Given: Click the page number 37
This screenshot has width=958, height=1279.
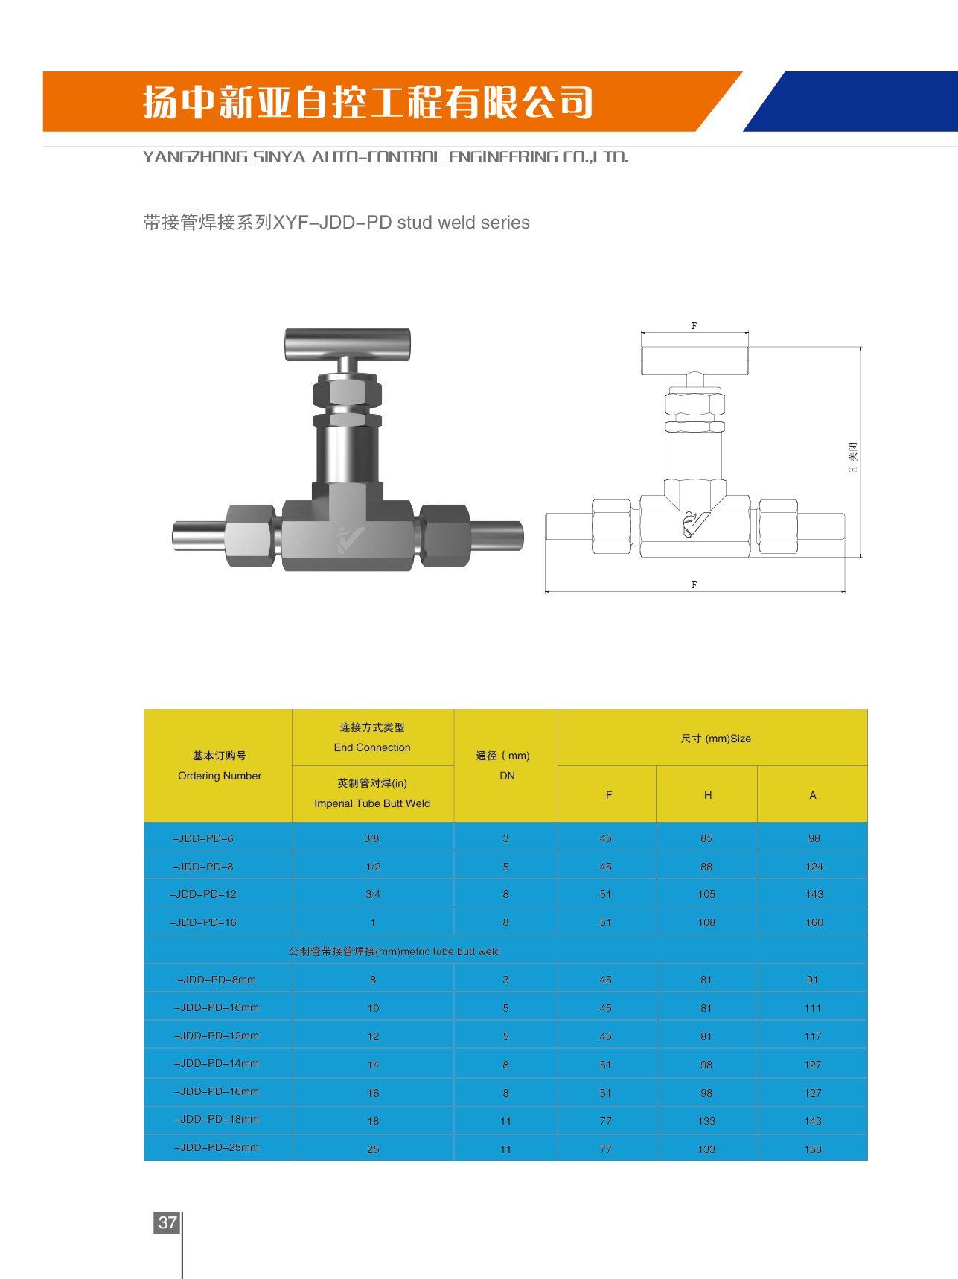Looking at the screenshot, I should [167, 1222].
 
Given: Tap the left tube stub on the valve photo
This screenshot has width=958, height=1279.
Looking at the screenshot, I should [199, 535].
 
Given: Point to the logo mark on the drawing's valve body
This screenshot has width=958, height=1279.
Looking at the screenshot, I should [697, 524].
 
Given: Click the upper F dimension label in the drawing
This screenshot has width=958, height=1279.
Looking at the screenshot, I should [694, 326].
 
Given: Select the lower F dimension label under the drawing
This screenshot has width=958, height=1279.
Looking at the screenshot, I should [694, 585].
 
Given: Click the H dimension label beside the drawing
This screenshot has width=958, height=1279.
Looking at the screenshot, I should [853, 457].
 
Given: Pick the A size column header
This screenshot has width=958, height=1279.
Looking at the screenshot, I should [813, 795].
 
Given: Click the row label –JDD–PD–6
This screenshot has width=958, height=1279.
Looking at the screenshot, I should [203, 838].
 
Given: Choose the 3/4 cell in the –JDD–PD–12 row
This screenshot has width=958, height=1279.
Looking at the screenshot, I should [373, 894].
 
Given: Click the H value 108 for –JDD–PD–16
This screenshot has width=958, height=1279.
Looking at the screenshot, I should [706, 922].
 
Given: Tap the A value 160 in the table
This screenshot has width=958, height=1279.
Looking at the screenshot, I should [814, 922].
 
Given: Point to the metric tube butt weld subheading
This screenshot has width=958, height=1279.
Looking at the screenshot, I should [395, 951].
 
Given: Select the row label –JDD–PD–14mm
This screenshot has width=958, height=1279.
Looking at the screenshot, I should [217, 1064].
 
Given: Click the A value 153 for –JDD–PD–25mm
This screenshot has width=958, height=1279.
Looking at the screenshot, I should [813, 1149].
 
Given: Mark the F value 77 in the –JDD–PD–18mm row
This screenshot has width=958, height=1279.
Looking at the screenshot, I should [605, 1121].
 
